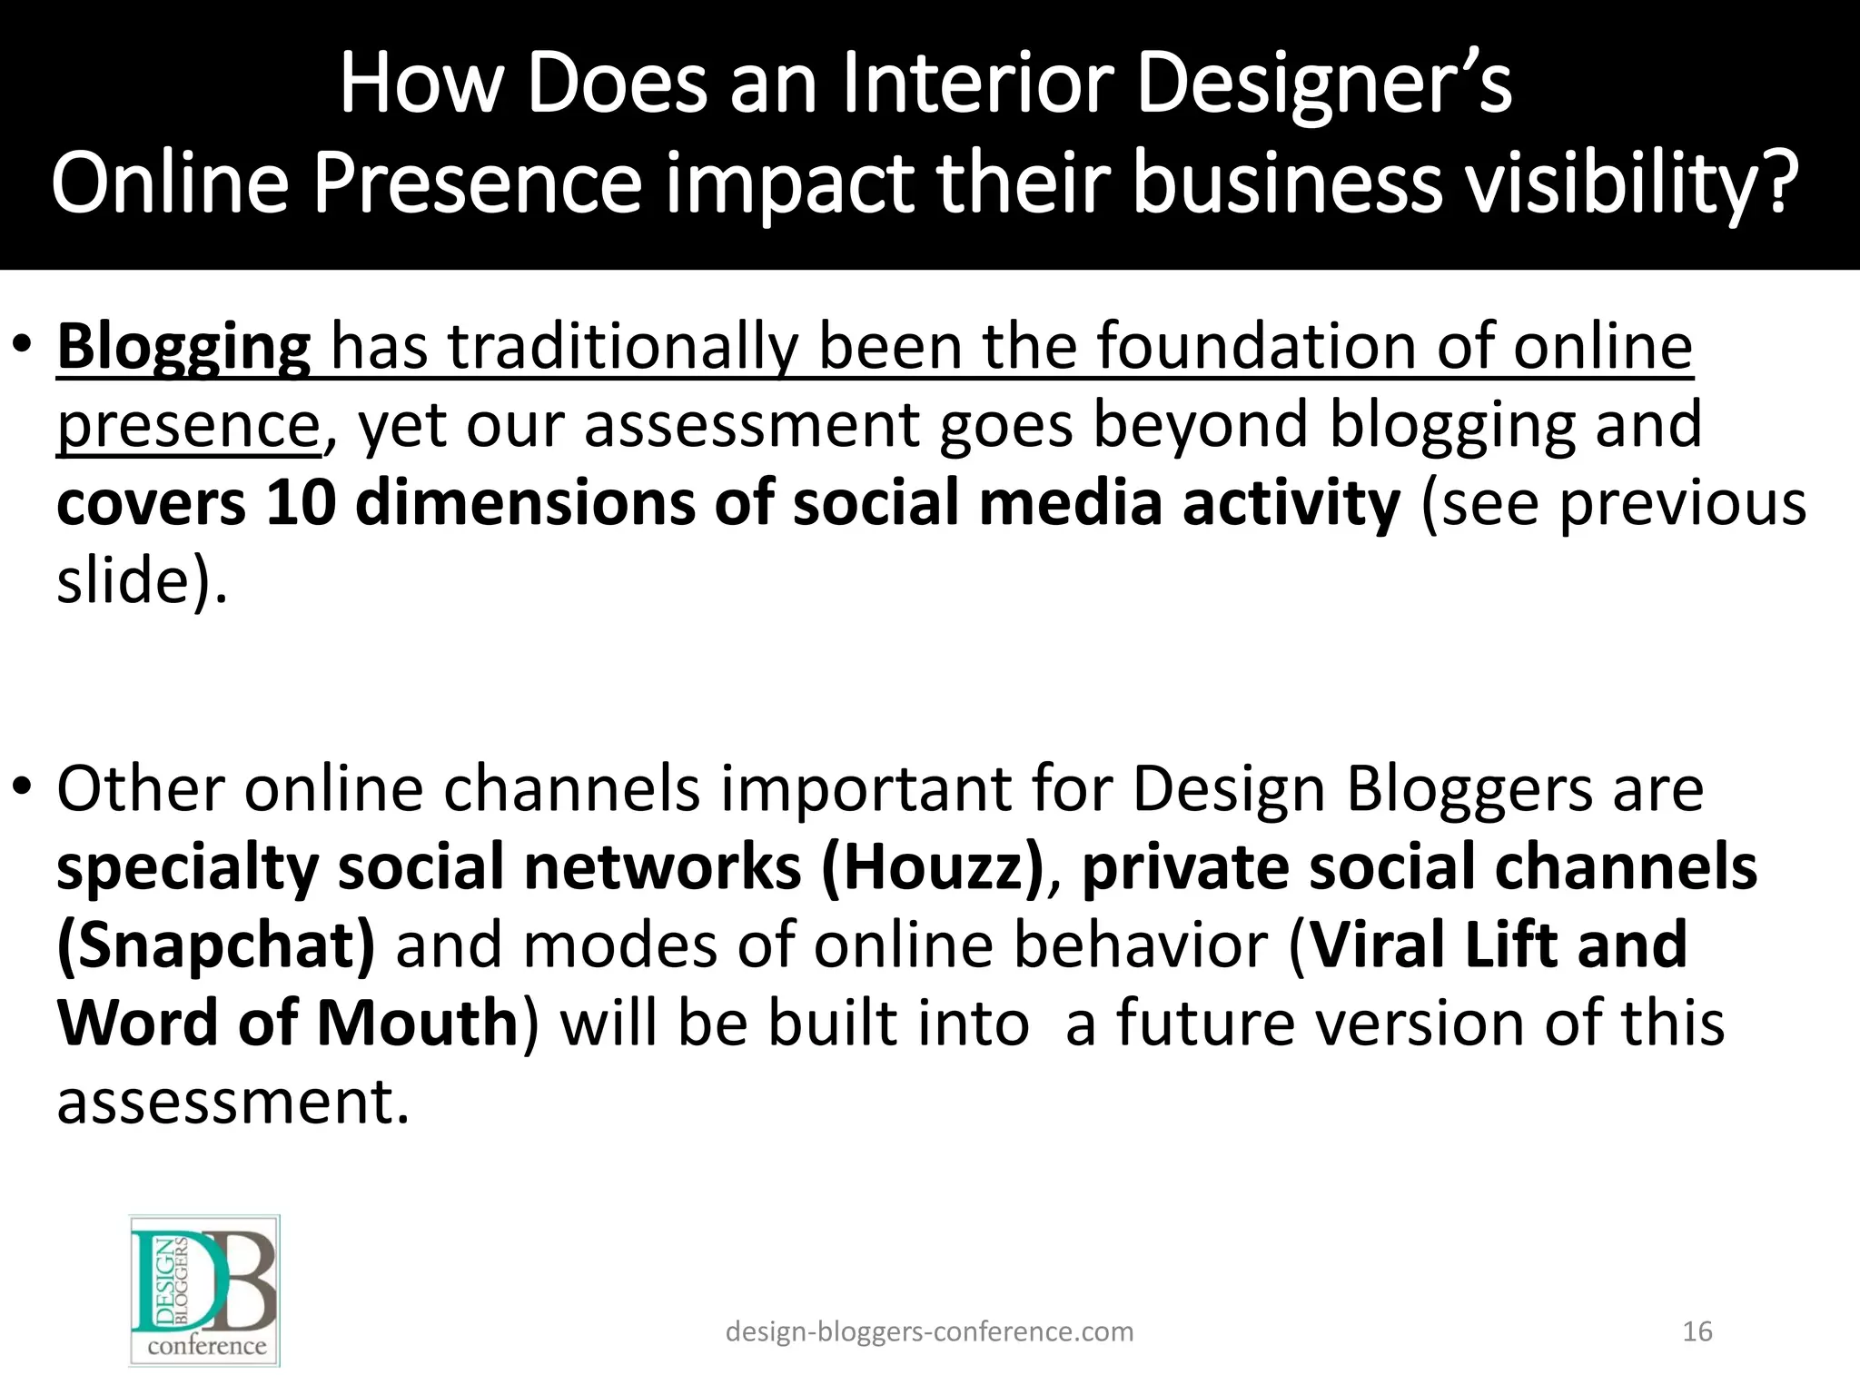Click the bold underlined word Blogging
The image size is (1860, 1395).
183,348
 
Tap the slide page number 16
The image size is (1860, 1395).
1697,1331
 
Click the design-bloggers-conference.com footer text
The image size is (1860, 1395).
929,1331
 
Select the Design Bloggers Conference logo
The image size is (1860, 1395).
205,1290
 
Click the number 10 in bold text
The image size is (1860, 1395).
301,504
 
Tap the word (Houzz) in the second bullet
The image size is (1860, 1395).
933,867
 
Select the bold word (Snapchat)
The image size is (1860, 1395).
216,945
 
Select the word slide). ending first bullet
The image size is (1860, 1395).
142,582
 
